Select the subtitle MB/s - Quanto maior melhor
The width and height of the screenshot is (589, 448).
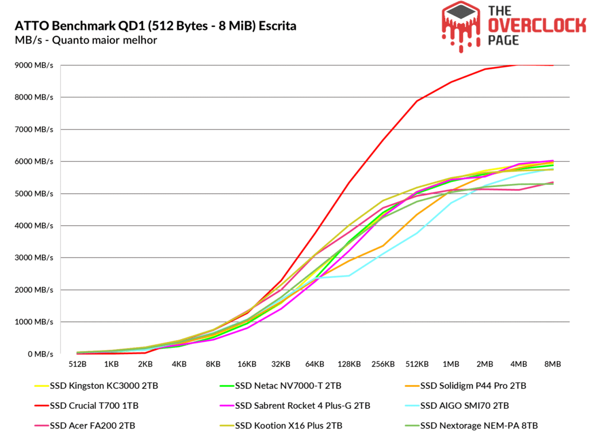(x=85, y=40)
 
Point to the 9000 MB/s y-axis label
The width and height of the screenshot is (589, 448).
(x=34, y=65)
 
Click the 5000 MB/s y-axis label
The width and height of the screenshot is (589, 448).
(x=34, y=193)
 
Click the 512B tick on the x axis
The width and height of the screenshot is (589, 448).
(x=78, y=365)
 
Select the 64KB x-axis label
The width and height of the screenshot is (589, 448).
(x=315, y=365)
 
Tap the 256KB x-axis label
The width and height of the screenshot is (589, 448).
(x=383, y=365)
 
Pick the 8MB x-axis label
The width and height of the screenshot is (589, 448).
(x=552, y=365)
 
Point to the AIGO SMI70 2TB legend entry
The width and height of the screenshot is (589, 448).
(x=465, y=405)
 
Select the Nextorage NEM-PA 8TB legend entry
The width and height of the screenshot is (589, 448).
(x=477, y=426)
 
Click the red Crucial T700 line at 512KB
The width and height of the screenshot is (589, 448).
(x=416, y=101)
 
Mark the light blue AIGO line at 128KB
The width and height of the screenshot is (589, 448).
(x=349, y=276)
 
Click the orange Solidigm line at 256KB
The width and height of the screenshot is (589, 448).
(x=383, y=246)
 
